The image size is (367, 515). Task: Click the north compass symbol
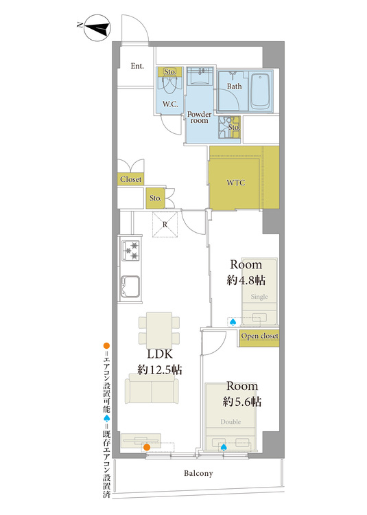click(97, 28)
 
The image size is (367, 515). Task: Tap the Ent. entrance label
click(137, 66)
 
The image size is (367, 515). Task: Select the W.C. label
click(170, 104)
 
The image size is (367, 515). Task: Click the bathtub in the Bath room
click(261, 91)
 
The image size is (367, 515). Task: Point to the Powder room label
click(199, 117)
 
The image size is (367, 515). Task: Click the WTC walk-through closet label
click(236, 183)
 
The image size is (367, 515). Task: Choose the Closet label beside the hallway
click(130, 179)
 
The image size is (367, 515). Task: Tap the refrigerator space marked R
click(165, 225)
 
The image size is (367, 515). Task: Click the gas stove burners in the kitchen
click(130, 251)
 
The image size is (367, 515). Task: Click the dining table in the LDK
click(159, 330)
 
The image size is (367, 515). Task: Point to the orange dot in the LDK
click(147, 447)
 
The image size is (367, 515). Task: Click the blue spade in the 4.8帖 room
click(233, 323)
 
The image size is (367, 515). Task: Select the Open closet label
click(259, 336)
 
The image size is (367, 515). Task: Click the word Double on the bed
click(230, 422)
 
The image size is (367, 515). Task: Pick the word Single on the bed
click(259, 297)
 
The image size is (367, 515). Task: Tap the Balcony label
click(198, 473)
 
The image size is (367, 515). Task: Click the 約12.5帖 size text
click(159, 370)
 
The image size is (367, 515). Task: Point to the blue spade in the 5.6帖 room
click(224, 447)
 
